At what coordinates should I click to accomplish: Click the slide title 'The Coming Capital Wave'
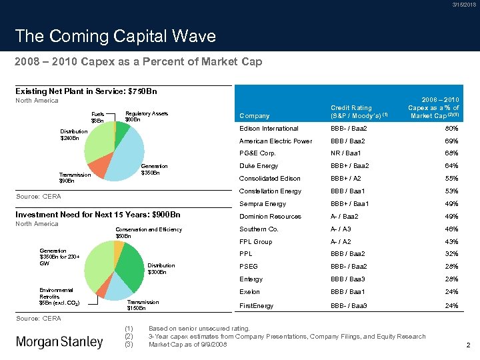(x=115, y=36)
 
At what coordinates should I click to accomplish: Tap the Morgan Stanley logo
(x=59, y=342)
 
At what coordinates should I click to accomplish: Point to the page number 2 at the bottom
(x=469, y=345)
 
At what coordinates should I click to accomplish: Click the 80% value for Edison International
(x=452, y=129)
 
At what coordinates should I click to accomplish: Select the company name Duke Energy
(x=259, y=166)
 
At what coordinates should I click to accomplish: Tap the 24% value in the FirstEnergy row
(x=452, y=305)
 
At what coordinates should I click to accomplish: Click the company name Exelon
(x=251, y=292)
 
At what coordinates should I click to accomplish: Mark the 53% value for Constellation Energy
(x=452, y=191)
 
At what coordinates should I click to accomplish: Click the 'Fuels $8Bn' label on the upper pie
(x=97, y=117)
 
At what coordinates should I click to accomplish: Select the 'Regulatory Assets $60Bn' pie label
(x=147, y=117)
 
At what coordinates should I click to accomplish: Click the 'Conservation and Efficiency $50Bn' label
(x=148, y=233)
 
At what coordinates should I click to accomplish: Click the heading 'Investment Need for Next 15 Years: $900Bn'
(x=97, y=215)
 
